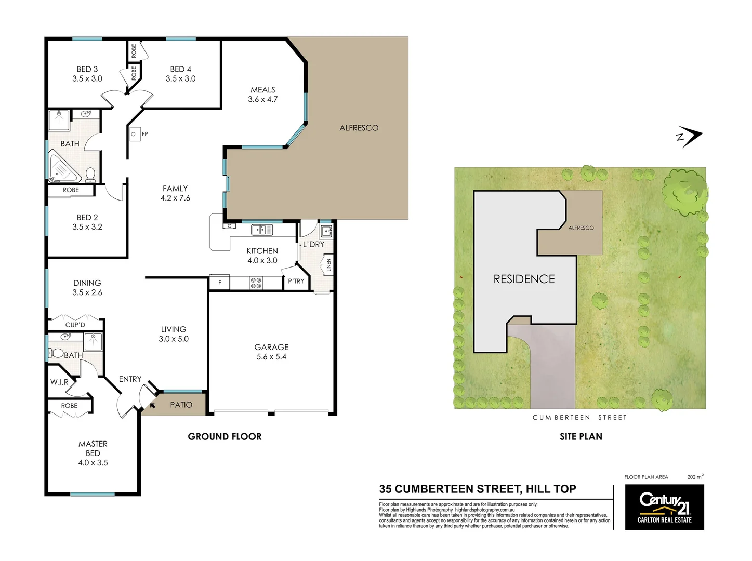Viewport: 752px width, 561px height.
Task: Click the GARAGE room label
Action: pos(271,347)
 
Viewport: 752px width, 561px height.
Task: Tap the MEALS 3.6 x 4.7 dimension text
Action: pos(262,99)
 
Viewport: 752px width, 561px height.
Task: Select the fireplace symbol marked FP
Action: pos(135,134)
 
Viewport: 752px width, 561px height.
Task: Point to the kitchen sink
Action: pos(262,229)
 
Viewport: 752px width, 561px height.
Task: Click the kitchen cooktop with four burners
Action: pos(256,283)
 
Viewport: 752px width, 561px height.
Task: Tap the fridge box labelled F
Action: pos(220,283)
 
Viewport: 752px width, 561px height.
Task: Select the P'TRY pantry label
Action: pos(296,281)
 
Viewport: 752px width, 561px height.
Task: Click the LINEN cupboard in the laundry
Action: pos(328,265)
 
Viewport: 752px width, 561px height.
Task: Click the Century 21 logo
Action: pos(664,507)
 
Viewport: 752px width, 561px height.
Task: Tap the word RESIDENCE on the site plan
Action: pos(524,279)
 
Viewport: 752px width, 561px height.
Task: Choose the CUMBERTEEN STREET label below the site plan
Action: pos(579,417)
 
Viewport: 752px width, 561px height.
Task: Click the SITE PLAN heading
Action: pos(581,436)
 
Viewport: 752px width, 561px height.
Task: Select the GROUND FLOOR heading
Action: pos(225,436)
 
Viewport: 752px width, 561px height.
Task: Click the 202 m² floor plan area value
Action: pos(695,476)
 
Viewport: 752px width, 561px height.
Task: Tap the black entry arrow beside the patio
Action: pos(152,405)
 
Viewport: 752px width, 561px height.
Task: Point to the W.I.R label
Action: pos(59,382)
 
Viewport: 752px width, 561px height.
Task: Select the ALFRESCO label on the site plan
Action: pos(581,228)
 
